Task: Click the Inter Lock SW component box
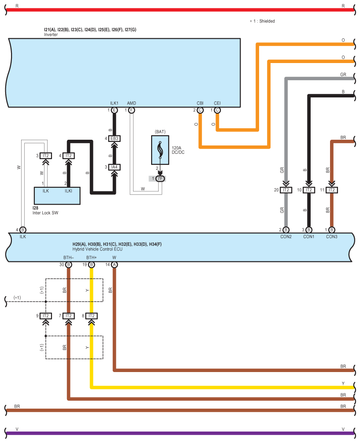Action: pos(57,196)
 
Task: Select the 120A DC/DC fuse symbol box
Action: pos(160,150)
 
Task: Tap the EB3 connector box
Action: pos(115,138)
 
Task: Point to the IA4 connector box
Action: pos(115,167)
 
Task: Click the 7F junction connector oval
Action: pos(160,179)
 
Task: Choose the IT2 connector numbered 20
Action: pos(286,190)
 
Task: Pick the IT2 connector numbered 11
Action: pos(332,190)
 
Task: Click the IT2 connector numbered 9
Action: pos(46,316)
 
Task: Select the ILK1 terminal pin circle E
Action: pos(115,110)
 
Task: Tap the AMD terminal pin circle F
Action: pos(132,110)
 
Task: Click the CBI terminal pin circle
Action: pos(200,110)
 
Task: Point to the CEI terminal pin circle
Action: pos(217,110)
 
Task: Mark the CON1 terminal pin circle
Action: pos(309,230)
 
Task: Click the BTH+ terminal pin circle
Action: pos(92,265)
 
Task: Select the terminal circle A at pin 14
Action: pos(115,265)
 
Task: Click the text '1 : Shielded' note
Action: pos(264,21)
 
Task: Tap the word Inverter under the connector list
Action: pos(51,34)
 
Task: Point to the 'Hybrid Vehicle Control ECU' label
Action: pos(97,249)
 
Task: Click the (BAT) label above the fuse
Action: pos(160,132)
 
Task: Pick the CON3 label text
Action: pos(332,237)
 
